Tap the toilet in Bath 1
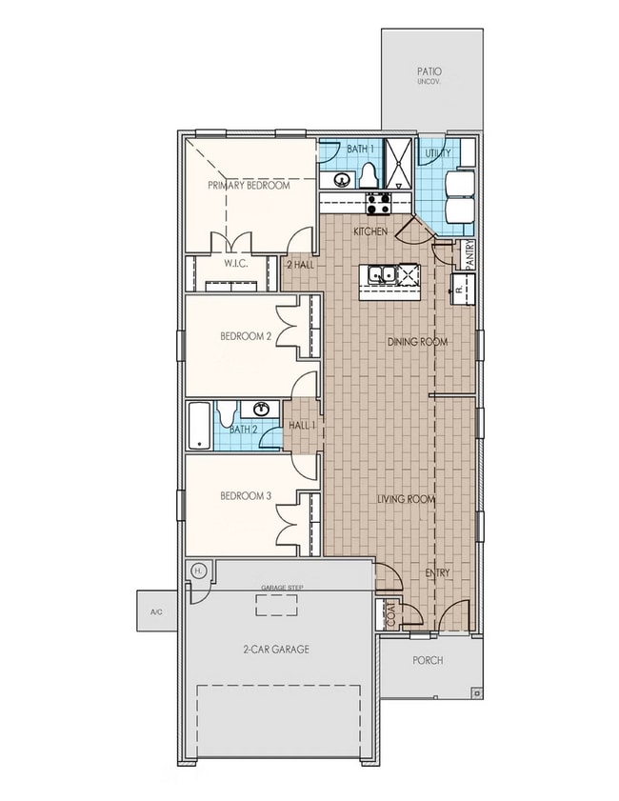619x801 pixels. tap(369, 176)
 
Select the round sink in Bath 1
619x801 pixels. tap(339, 178)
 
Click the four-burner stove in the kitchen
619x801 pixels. tap(378, 202)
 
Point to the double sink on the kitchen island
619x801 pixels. tap(383, 275)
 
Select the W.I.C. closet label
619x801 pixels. tap(236, 264)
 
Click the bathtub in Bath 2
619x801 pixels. tap(199, 425)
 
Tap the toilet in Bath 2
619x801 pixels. tap(227, 413)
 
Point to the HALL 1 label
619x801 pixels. tap(302, 424)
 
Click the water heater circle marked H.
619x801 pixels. tap(198, 570)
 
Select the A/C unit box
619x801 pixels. tap(156, 612)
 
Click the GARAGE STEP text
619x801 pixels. tap(282, 588)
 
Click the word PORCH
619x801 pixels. tap(428, 660)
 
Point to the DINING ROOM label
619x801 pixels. tap(417, 341)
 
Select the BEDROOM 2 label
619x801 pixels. tap(246, 335)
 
